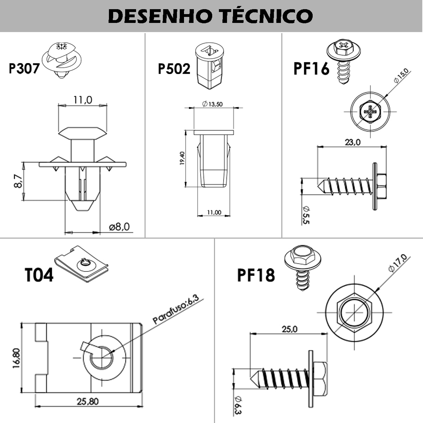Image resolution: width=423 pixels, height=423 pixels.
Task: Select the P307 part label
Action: [24, 68]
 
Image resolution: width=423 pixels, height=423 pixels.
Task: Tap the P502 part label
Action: [174, 69]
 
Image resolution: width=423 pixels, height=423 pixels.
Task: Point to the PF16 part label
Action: [311, 69]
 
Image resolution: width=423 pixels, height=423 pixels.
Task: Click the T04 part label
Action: [39, 275]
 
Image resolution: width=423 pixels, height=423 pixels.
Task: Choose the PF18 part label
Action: [256, 275]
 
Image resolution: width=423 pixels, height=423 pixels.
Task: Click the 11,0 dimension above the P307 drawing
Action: [82, 100]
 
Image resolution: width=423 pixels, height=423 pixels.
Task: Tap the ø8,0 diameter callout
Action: [119, 227]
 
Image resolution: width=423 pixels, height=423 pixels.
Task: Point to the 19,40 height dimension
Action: [182, 158]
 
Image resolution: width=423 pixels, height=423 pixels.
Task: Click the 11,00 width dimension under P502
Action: [214, 212]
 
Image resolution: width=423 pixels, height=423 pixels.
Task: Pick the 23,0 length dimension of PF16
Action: [352, 142]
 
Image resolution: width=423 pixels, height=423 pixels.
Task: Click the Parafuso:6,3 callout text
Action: [176, 310]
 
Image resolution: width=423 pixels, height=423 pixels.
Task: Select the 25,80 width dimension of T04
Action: [88, 401]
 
